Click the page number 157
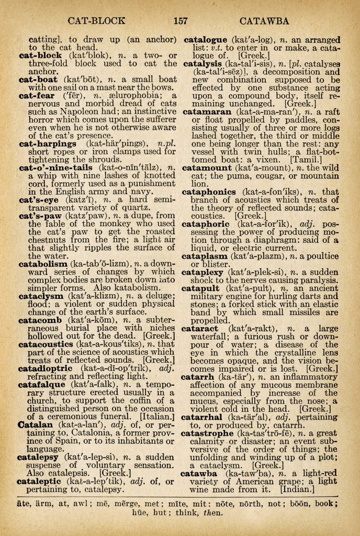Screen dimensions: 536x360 pyautogui.click(x=181, y=21)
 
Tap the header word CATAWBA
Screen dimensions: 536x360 pyautogui.click(x=264, y=21)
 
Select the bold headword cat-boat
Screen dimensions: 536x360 pyautogui.click(x=40, y=80)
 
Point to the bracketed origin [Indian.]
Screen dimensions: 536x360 pyautogui.click(x=297, y=490)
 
